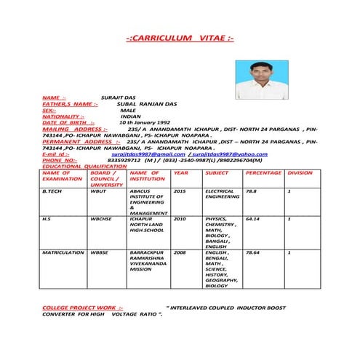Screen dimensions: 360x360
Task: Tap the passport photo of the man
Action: pos(256,80)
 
